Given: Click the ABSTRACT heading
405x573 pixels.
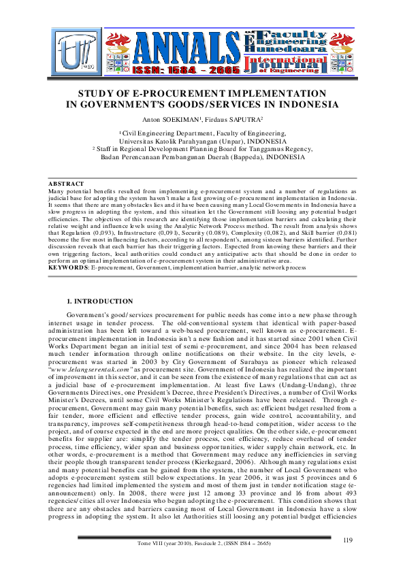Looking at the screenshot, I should pyautogui.click(x=65, y=184).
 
